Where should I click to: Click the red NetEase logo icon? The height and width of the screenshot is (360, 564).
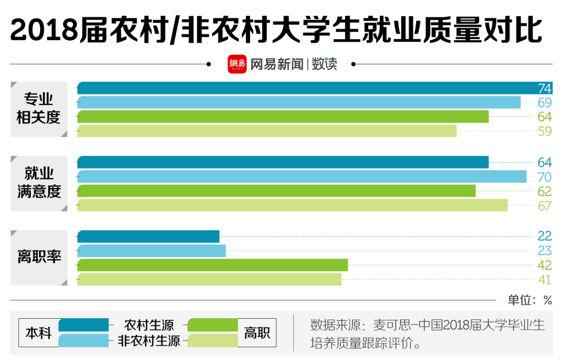point(237,64)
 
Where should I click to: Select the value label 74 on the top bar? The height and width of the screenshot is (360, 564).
point(545,88)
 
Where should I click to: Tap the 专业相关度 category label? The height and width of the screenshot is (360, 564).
point(39,108)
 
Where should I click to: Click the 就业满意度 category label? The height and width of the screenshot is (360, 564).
point(39,182)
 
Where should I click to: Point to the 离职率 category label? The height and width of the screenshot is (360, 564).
point(39,257)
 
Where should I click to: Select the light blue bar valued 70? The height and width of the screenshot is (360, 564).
point(302,177)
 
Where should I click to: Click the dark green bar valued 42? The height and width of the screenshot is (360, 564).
point(213,265)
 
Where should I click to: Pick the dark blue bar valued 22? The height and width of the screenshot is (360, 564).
point(148,237)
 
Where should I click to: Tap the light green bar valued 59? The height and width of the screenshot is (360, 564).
point(267,131)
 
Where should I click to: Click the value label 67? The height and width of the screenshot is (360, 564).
point(545,206)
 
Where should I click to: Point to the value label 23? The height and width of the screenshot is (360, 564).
point(545,251)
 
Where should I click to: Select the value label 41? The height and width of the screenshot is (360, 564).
point(545,280)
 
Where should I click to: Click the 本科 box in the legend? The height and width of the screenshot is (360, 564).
point(39,333)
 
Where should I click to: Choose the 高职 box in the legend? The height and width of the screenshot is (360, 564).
point(257,333)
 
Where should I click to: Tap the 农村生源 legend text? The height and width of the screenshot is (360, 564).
point(149,325)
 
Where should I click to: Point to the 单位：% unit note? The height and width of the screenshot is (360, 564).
point(530,300)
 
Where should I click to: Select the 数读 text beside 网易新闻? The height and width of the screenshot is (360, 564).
point(325,64)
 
